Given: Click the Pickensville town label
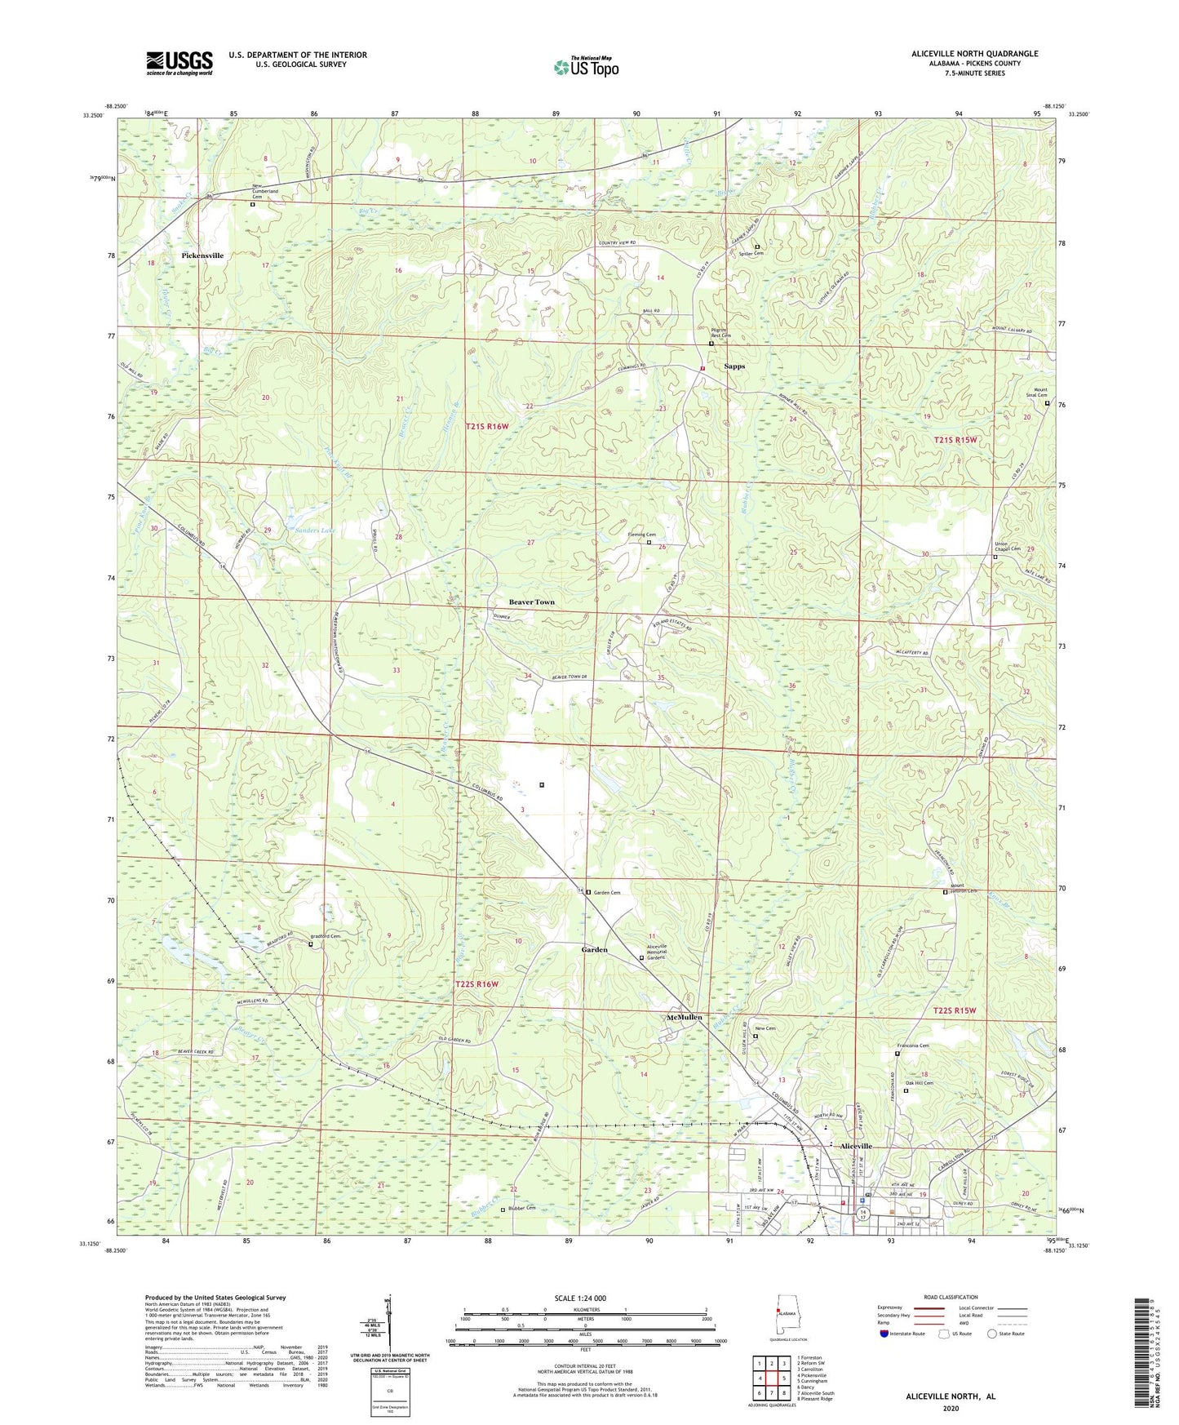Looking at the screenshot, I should pyautogui.click(x=202, y=255).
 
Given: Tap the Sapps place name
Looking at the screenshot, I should pyautogui.click(x=734, y=366).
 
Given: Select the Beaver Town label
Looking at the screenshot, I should pyautogui.click(x=532, y=602).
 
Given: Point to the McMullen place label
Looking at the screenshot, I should pyautogui.click(x=684, y=1018).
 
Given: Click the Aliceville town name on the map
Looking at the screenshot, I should pyautogui.click(x=851, y=1146).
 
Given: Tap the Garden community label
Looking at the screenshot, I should pyautogui.click(x=594, y=950).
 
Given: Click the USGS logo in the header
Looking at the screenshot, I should pyautogui.click(x=180, y=63).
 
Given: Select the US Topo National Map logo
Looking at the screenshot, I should pyautogui.click(x=585, y=67).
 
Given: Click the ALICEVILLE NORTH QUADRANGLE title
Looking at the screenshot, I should pyautogui.click(x=974, y=54).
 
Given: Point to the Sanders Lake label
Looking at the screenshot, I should pyautogui.click(x=314, y=530).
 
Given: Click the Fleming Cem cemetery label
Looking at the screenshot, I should pyautogui.click(x=641, y=535).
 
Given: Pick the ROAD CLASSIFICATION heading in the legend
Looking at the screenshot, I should pyautogui.click(x=950, y=1297).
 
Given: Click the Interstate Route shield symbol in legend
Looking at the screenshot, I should pyautogui.click(x=884, y=1334).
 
